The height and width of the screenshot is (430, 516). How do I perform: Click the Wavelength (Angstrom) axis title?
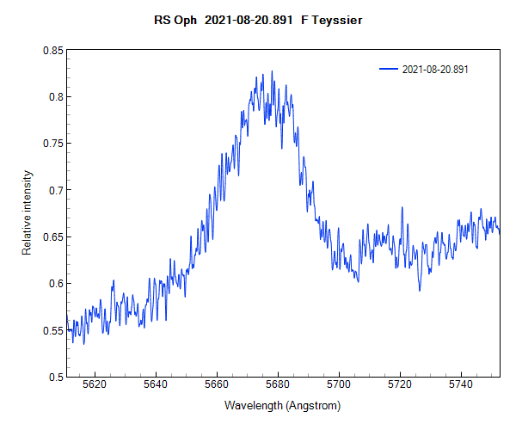[283, 405]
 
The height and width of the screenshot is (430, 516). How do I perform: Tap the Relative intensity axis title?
[27, 213]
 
